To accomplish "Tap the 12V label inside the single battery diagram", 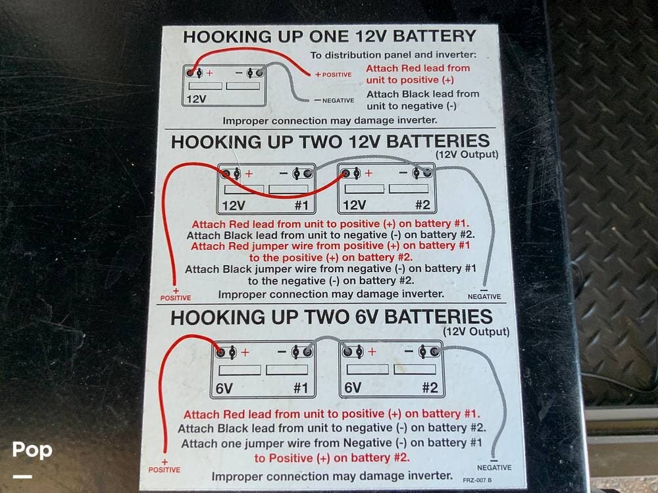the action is click(x=196, y=99).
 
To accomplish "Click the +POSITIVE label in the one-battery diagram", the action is click(x=333, y=75).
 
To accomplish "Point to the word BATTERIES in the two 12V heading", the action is click(x=438, y=141).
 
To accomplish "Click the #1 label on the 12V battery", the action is click(x=301, y=205).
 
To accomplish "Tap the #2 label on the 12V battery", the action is click(x=422, y=204).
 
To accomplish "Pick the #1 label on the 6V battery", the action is click(x=301, y=388).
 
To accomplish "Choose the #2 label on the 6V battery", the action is click(x=430, y=387).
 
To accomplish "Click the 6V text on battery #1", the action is click(x=224, y=388).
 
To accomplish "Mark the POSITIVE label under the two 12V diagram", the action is click(x=176, y=298).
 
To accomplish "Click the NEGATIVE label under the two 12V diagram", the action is click(x=484, y=296).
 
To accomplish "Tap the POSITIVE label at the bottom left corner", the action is click(x=164, y=470).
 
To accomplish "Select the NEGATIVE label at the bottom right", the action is click(x=494, y=467).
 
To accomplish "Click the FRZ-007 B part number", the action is click(x=477, y=480).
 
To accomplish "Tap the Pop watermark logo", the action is click(x=32, y=450).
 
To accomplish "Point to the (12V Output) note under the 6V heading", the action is click(x=476, y=331).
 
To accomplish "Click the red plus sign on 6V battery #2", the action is click(x=372, y=351).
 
